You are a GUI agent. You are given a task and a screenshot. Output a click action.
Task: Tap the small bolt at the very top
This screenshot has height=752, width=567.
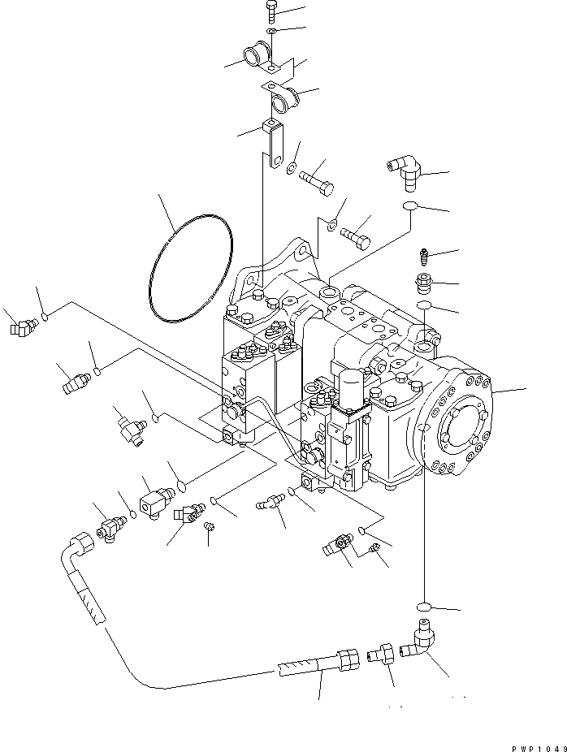click(271, 12)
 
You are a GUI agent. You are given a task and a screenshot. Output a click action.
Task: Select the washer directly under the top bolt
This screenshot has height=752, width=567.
click(273, 32)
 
